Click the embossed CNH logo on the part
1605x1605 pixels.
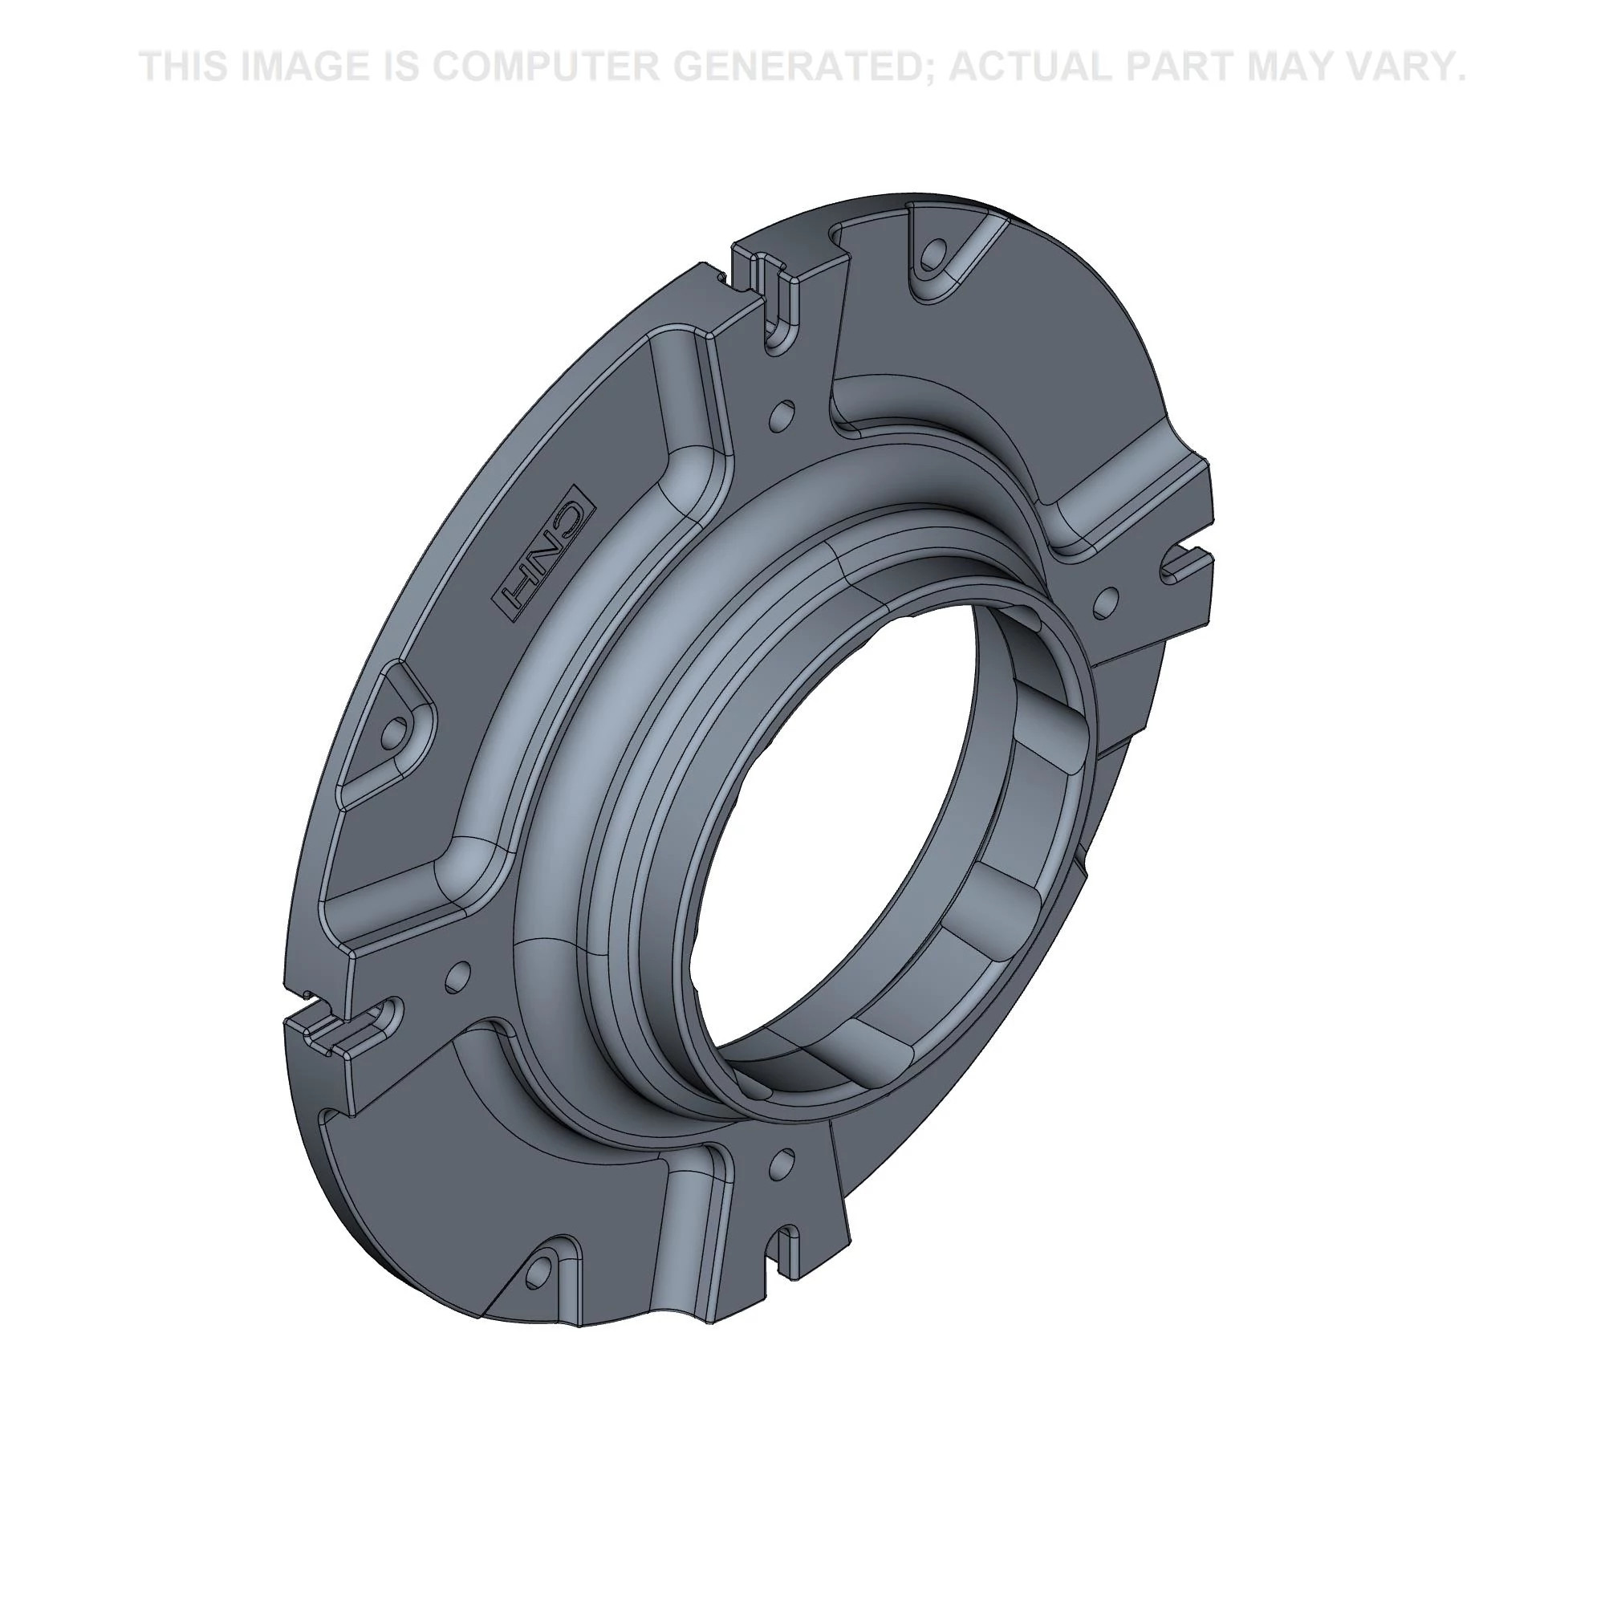[547, 552]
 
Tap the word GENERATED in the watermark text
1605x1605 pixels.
[802, 67]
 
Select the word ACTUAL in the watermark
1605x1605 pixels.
[1029, 67]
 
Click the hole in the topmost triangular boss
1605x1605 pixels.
[934, 251]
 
